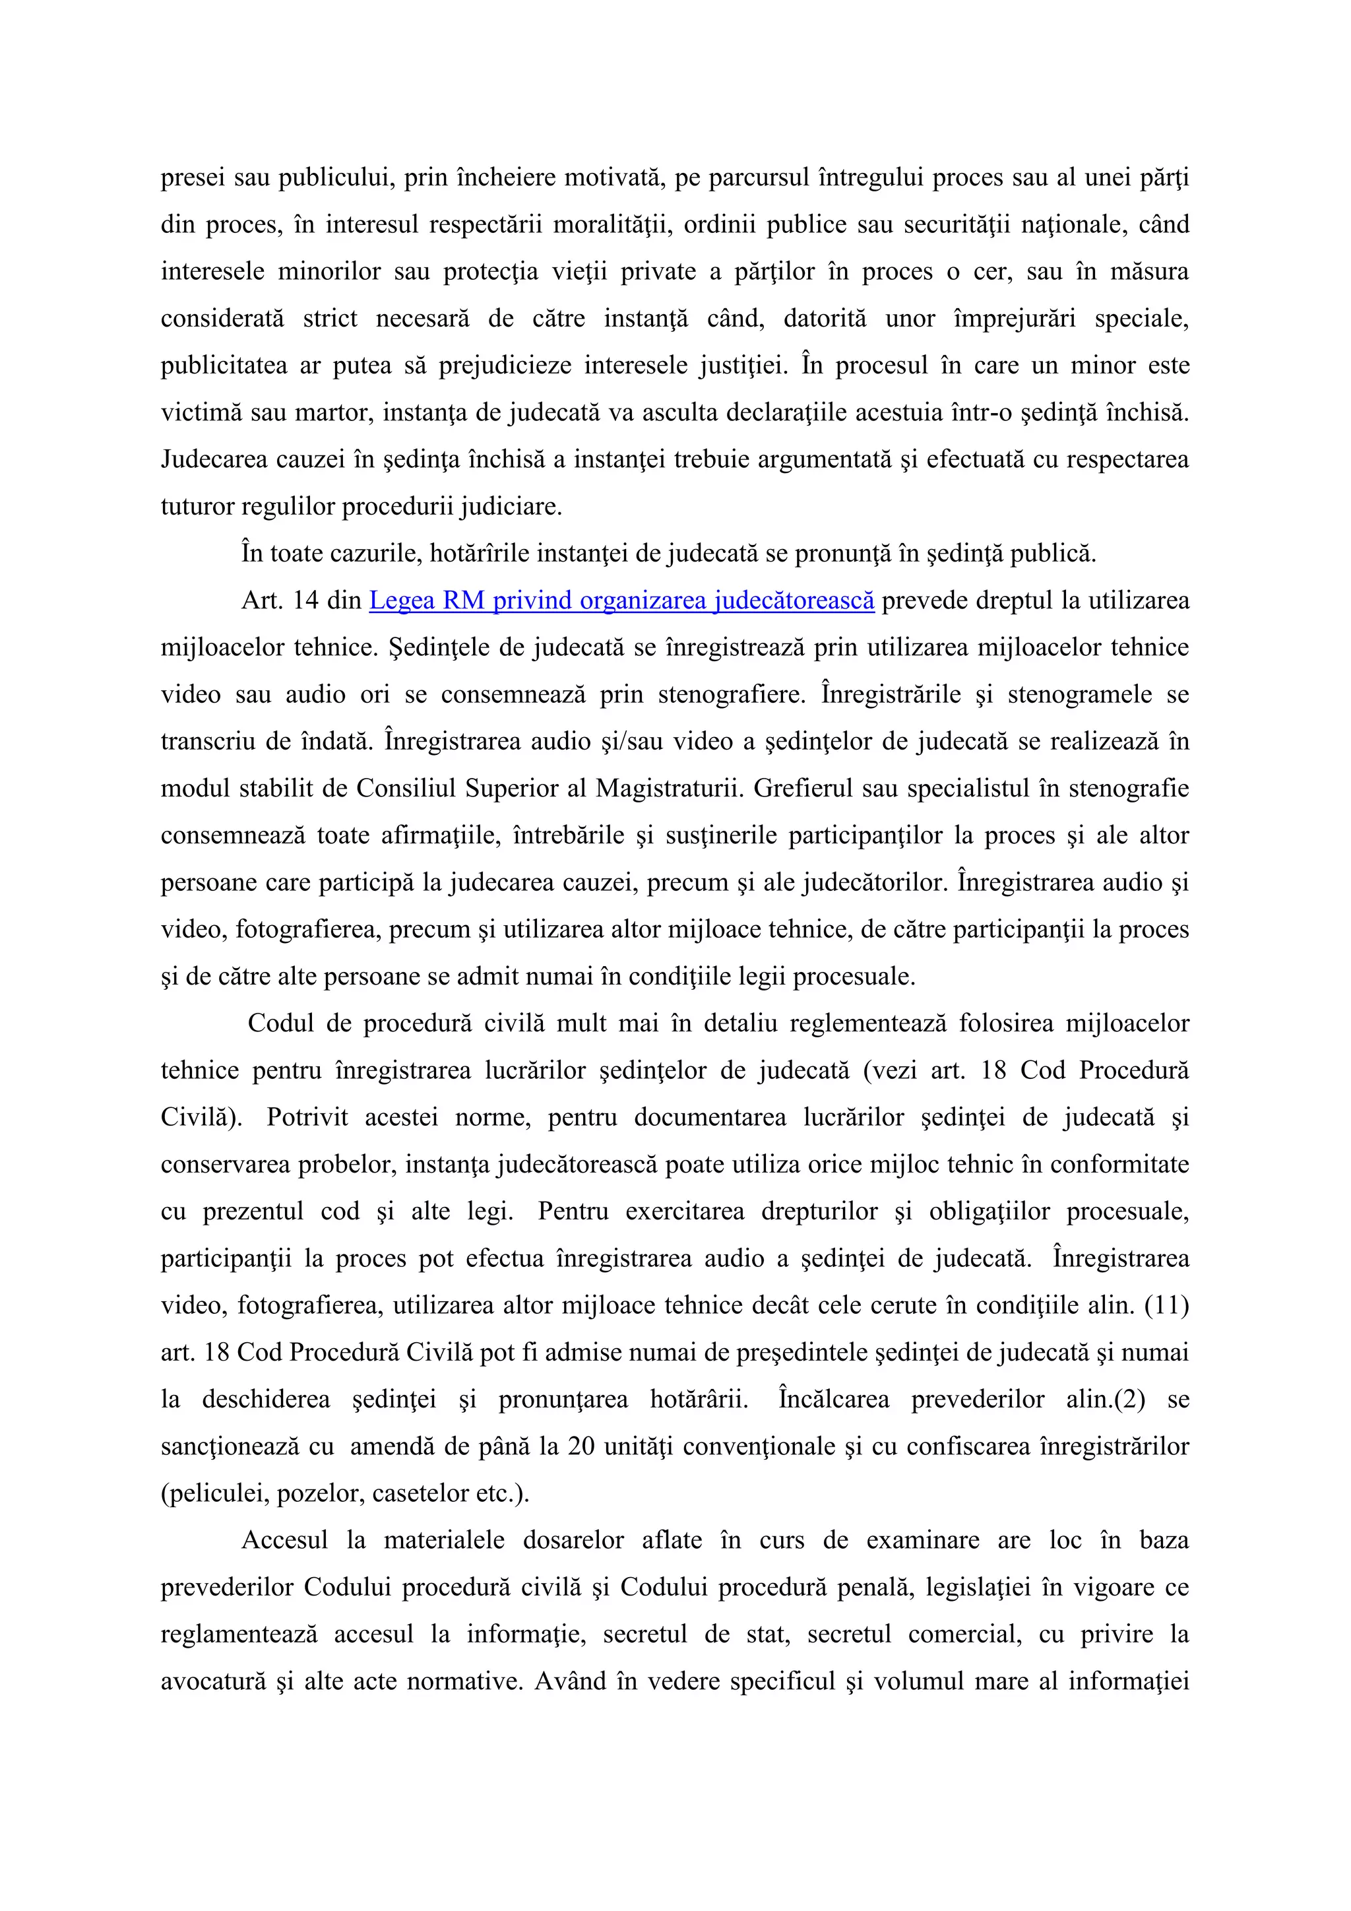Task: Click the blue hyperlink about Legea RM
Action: [x=621, y=600]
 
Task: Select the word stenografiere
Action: [x=731, y=694]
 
